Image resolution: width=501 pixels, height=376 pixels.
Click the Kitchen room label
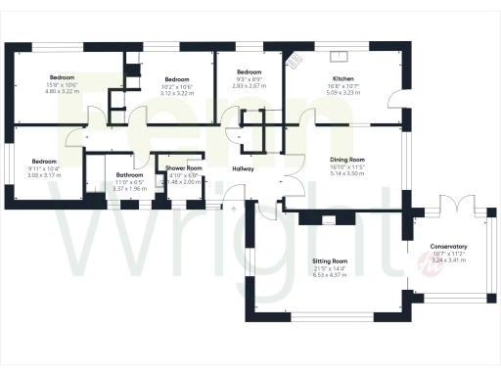[x=342, y=78]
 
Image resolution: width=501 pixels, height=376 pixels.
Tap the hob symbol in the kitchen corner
[x=293, y=62]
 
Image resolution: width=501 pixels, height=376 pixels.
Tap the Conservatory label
[x=448, y=247]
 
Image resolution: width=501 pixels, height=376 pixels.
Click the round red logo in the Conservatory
[x=426, y=259]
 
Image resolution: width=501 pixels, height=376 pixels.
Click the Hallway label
[x=244, y=168]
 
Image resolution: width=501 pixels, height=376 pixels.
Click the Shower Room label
[x=183, y=168]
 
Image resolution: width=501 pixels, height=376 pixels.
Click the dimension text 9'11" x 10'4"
[x=45, y=169]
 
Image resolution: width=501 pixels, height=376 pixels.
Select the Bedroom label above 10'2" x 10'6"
[x=177, y=79]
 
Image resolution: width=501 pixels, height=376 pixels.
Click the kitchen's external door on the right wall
[x=391, y=100]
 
